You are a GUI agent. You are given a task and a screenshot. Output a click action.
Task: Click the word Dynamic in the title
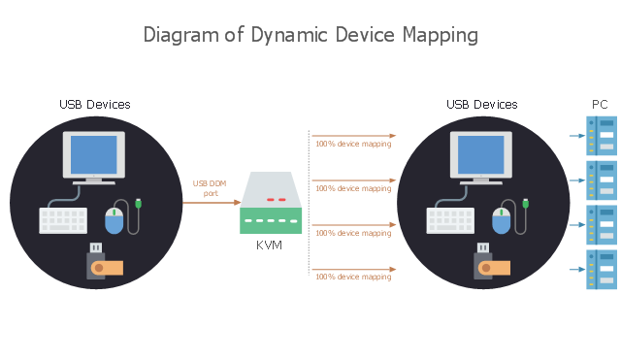pyautogui.click(x=289, y=35)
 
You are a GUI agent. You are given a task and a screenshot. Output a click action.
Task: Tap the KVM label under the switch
pyautogui.click(x=270, y=245)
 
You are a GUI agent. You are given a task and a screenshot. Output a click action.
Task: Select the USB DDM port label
pyautogui.click(x=210, y=188)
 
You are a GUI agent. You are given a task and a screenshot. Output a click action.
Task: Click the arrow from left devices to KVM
pyautogui.click(x=212, y=203)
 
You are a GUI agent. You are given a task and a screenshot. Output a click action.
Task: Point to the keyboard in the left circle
pyautogui.click(x=63, y=220)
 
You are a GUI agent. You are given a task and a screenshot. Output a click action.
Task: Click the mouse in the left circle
pyautogui.click(x=114, y=220)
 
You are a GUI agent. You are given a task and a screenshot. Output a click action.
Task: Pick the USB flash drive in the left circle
pyautogui.click(x=105, y=261)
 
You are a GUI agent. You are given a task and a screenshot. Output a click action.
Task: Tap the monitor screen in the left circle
pyautogui.click(x=94, y=155)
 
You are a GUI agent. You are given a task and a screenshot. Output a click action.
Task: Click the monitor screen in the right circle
pyautogui.click(x=481, y=155)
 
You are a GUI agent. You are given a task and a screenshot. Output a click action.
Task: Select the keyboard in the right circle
pyautogui.click(x=450, y=220)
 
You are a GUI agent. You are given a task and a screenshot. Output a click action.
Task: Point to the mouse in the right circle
pyautogui.click(x=501, y=220)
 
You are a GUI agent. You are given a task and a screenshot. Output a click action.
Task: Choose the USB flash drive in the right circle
pyautogui.click(x=492, y=261)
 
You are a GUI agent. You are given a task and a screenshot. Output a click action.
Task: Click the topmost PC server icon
pyautogui.click(x=602, y=136)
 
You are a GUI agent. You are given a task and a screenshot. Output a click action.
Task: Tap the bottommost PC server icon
pyautogui.click(x=602, y=270)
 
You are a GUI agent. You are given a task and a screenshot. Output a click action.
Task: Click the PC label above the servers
pyautogui.click(x=600, y=105)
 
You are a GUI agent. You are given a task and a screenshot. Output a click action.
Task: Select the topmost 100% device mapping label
pyautogui.click(x=353, y=144)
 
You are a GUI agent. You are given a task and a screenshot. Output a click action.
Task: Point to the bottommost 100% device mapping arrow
pyautogui.click(x=353, y=270)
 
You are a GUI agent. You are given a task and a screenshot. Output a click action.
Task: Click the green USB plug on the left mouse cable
pyautogui.click(x=138, y=203)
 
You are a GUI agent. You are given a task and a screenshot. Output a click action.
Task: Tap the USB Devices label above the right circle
pyautogui.click(x=482, y=105)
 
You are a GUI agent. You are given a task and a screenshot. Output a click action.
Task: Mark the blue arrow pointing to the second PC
pyautogui.click(x=577, y=180)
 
